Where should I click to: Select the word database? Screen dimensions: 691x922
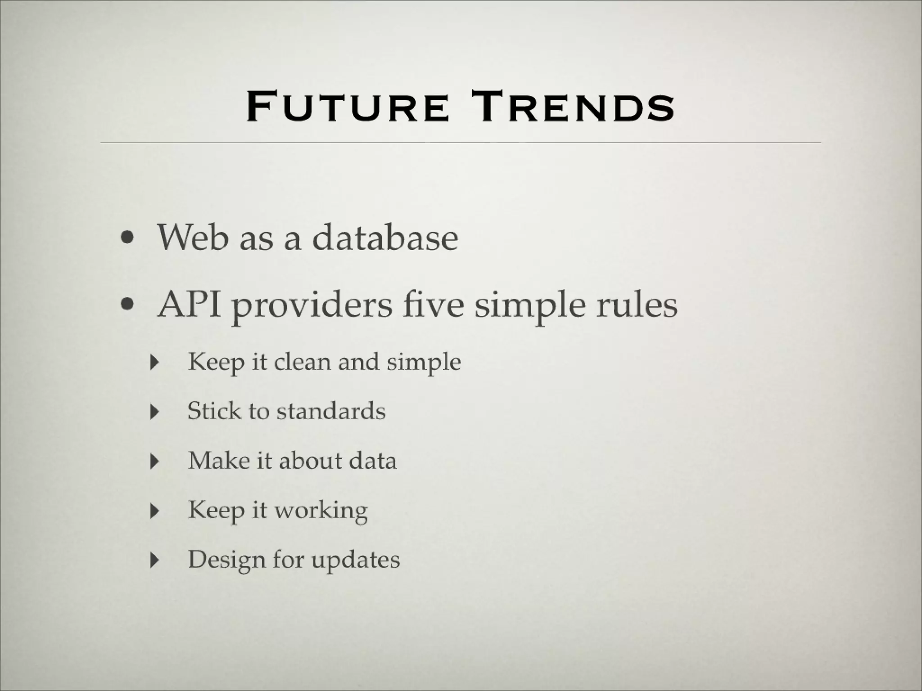(385, 238)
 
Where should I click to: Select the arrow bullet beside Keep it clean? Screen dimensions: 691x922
(155, 362)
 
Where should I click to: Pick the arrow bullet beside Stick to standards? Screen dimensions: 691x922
(155, 411)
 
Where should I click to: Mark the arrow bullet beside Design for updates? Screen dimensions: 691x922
(155, 560)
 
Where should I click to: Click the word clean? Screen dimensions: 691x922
(302, 362)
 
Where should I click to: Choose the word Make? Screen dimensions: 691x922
(218, 461)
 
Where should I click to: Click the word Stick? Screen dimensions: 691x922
(214, 411)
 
